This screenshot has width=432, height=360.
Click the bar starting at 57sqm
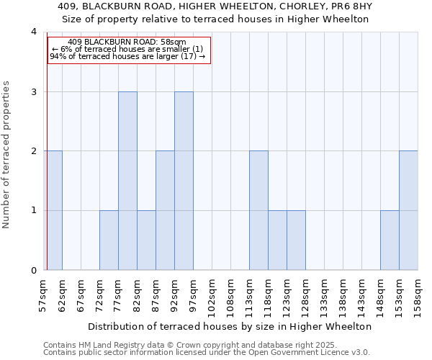click(53, 210)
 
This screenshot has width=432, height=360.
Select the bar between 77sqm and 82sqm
click(127, 181)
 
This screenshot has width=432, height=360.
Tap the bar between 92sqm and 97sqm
click(184, 181)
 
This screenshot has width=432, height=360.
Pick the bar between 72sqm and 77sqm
click(109, 240)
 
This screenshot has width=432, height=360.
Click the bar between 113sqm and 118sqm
click(258, 210)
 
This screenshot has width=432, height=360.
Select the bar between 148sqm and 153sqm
click(390, 240)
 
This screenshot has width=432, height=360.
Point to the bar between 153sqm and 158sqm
click(408, 210)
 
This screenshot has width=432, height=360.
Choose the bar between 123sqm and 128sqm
click(296, 240)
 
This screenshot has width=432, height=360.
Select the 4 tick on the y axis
click(33, 32)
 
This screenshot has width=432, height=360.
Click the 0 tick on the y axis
click(33, 271)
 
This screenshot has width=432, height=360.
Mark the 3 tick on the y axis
click(33, 92)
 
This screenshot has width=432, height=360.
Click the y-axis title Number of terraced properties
click(6, 155)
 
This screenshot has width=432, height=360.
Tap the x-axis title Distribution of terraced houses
click(231, 326)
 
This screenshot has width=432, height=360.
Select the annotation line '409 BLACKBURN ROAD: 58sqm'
click(128, 42)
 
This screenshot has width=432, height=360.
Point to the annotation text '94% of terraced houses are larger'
click(127, 56)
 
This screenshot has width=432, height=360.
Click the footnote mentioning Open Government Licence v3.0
click(207, 352)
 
